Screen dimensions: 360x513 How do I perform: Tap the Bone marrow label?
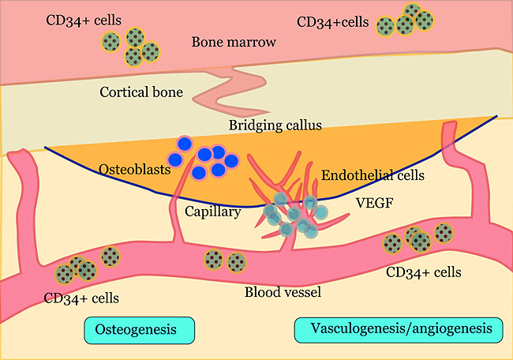pos(234,42)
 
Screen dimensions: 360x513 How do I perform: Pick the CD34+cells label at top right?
pos(332,22)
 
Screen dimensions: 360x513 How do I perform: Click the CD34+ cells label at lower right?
pos(424,273)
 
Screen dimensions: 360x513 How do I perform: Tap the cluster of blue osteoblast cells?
pos(206,157)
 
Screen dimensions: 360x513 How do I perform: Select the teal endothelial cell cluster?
pos(292,214)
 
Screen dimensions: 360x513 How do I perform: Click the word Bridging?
pos(251,126)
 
